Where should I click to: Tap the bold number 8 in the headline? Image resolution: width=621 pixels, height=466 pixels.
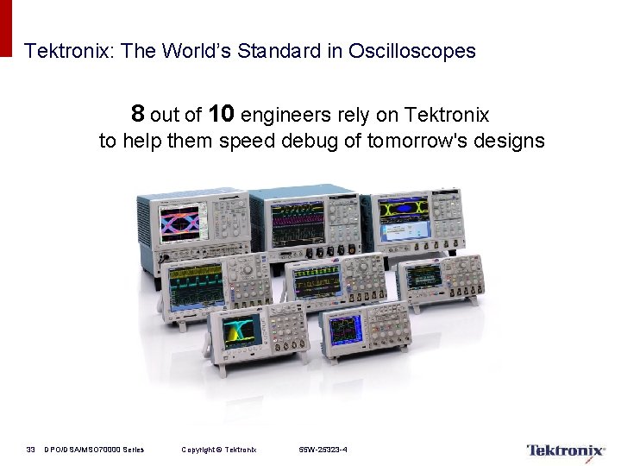coord(138,114)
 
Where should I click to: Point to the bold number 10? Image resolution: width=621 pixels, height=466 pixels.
coord(222,114)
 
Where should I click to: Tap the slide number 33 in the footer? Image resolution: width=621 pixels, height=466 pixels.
coord(30,450)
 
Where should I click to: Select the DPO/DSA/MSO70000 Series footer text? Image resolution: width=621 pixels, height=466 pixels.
coord(94,450)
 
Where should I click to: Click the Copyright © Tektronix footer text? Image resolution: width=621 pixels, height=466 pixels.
coord(219,450)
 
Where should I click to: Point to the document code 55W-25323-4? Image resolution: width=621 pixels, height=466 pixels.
coord(323,450)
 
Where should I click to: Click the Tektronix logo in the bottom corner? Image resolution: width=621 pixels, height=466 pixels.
coord(565,450)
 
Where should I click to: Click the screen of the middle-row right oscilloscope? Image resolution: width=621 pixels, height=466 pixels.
coord(423,277)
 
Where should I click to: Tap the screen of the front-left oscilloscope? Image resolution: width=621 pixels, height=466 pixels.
coord(241,331)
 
